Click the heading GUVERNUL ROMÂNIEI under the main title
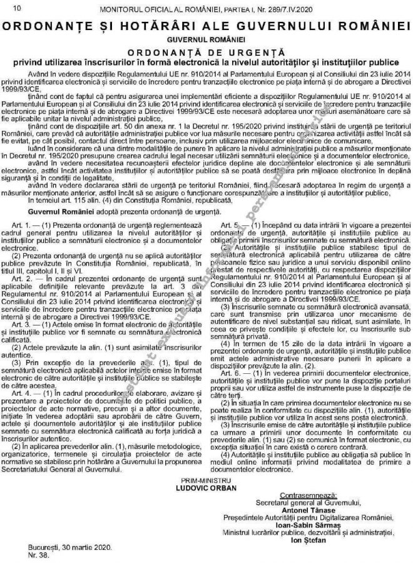[x=206, y=39]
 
